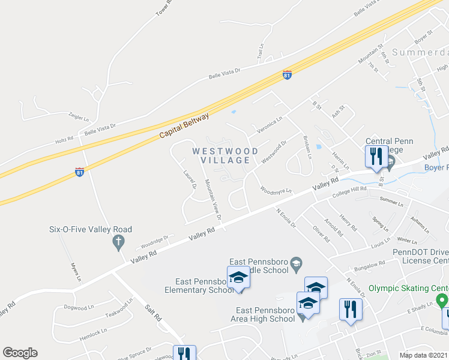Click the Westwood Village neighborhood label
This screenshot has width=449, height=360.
(225, 155)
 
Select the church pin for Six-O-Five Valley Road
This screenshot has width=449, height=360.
(118, 242)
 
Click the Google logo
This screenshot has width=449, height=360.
(20, 353)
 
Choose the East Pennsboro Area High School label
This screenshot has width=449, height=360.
(265, 314)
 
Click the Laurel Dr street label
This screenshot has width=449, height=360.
(190, 178)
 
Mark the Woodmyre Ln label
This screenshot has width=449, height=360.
(276, 190)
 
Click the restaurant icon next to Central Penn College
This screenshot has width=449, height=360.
(376, 156)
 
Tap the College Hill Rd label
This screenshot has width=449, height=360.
(350, 189)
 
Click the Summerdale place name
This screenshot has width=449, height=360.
(420, 52)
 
